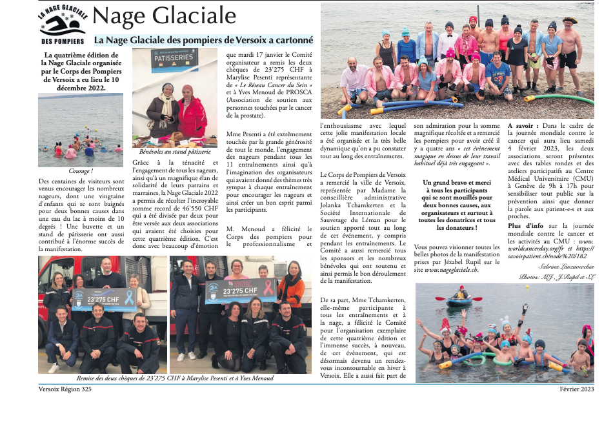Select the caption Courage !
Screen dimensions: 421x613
tap(80, 171)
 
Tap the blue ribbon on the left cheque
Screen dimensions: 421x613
tap(129, 297)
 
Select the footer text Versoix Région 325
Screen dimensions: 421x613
tap(65, 390)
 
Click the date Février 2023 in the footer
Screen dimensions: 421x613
tap(577, 390)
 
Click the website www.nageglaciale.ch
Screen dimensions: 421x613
tap(450, 270)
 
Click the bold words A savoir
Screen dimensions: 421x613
tap(522, 125)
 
